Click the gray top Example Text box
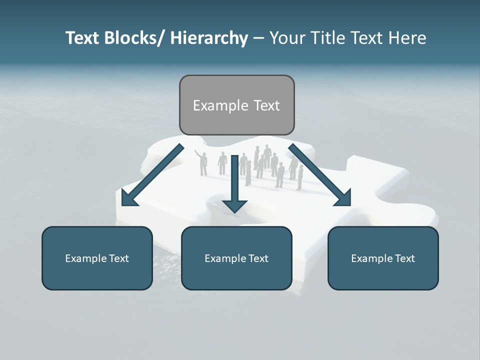click(x=236, y=105)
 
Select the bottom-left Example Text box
click(x=97, y=258)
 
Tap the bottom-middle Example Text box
click(x=236, y=258)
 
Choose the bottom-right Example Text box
click(x=383, y=258)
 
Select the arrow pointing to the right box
click(x=320, y=175)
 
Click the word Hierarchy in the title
click(x=209, y=38)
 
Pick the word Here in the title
click(x=408, y=38)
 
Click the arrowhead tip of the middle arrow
click(x=234, y=211)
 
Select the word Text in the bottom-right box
click(x=405, y=258)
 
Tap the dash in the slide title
click(x=258, y=38)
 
